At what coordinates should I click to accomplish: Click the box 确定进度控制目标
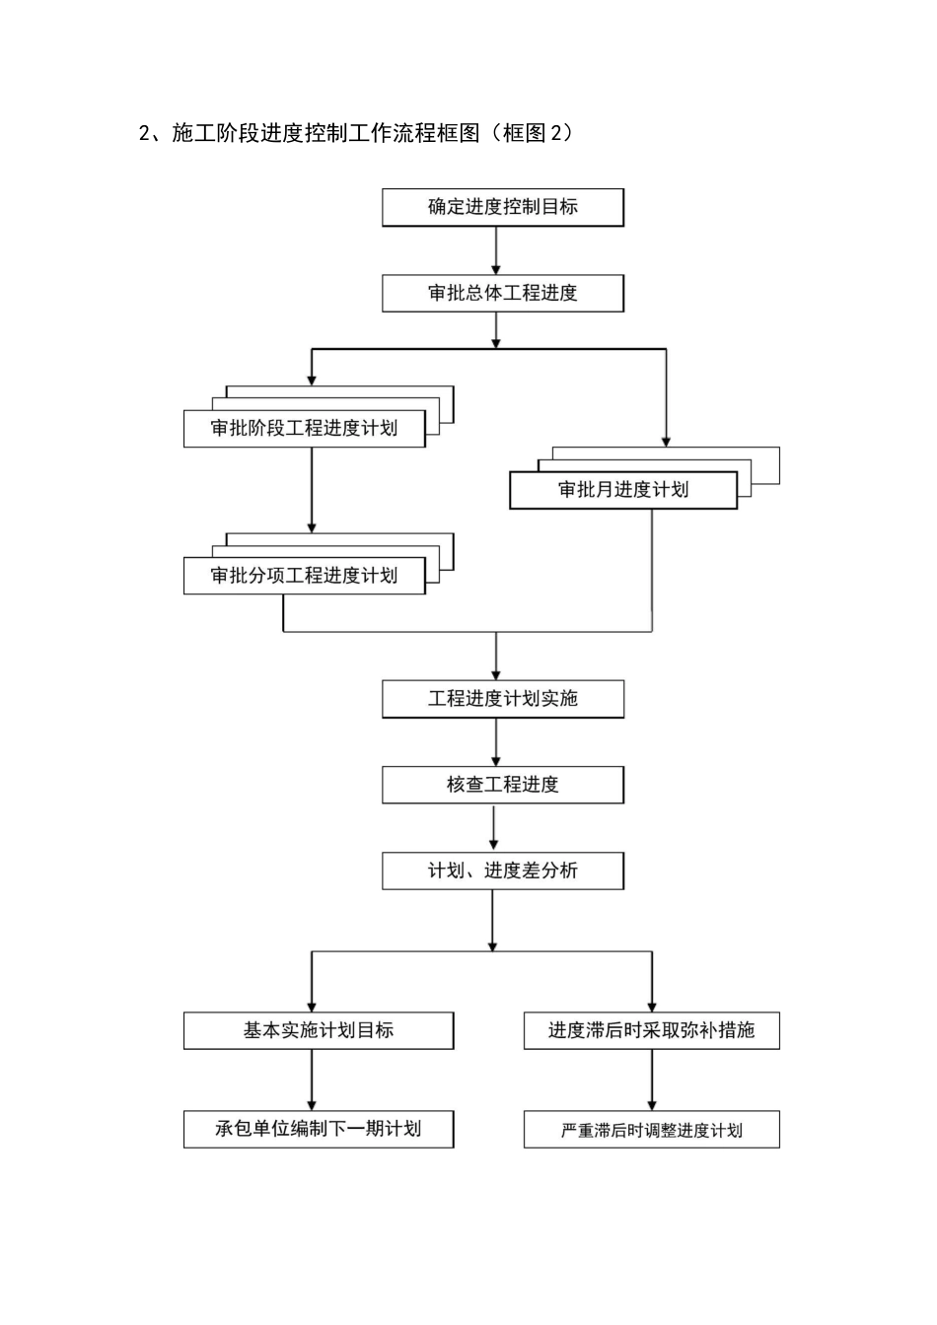tap(503, 207)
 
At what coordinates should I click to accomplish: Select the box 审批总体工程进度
tap(503, 293)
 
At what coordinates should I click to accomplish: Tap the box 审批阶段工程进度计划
tap(304, 429)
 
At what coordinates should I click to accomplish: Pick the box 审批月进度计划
tap(622, 490)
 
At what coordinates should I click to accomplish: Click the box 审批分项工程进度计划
tap(304, 576)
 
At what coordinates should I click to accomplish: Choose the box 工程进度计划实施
tap(503, 699)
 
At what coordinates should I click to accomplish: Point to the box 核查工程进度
tap(503, 785)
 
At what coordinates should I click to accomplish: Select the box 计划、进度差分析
tap(503, 871)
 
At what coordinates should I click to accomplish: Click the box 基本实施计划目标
tap(319, 1030)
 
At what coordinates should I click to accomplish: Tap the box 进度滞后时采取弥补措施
tap(651, 1030)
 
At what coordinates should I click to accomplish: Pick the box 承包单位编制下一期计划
tap(319, 1129)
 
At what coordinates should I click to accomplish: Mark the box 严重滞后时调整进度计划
tap(651, 1130)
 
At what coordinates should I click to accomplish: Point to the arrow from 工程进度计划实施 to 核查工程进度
tap(496, 742)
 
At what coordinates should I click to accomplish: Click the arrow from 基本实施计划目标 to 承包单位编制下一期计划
tap(312, 1080)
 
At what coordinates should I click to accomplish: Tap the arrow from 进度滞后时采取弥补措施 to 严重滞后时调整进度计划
tap(651, 1081)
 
